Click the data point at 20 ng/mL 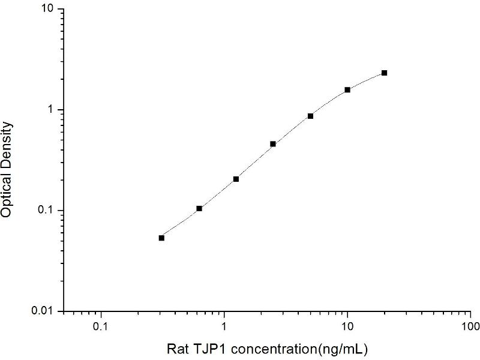click(x=384, y=73)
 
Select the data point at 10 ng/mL click(x=347, y=90)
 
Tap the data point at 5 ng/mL click(x=310, y=116)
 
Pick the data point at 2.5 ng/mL click(x=273, y=144)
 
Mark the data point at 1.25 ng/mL click(x=236, y=179)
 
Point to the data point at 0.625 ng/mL click(x=199, y=209)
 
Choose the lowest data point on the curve click(x=161, y=238)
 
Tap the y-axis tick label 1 click(x=52, y=110)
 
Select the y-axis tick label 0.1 click(x=46, y=211)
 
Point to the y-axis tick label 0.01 click(x=44, y=311)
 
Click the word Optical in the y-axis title click(x=8, y=196)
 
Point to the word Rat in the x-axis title click(x=175, y=348)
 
